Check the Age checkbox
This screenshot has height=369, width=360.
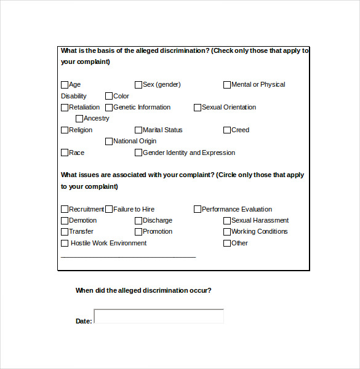tap(65, 85)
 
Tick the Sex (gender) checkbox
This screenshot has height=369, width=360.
tap(138, 85)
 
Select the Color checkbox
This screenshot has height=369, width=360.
tap(109, 96)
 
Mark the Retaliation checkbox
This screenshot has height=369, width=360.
tap(65, 108)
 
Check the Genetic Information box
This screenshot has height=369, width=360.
tap(109, 108)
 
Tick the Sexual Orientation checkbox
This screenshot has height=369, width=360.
tap(198, 108)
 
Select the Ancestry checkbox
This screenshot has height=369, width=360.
tap(79, 119)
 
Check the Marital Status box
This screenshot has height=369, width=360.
tap(138, 130)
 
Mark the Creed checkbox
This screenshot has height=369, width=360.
tap(227, 130)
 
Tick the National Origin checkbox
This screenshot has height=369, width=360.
tap(109, 141)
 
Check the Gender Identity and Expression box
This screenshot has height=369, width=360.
tap(138, 153)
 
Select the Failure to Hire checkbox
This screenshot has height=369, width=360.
tap(109, 210)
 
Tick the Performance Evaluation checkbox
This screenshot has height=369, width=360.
tap(198, 210)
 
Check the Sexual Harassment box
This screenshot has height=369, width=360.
tap(227, 221)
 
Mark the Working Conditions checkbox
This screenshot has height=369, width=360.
tap(227, 232)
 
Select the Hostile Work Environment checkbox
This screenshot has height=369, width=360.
tap(65, 244)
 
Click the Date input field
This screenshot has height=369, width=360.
tap(159, 316)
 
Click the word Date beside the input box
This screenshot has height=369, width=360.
tap(83, 321)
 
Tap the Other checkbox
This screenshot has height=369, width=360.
tap(227, 244)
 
